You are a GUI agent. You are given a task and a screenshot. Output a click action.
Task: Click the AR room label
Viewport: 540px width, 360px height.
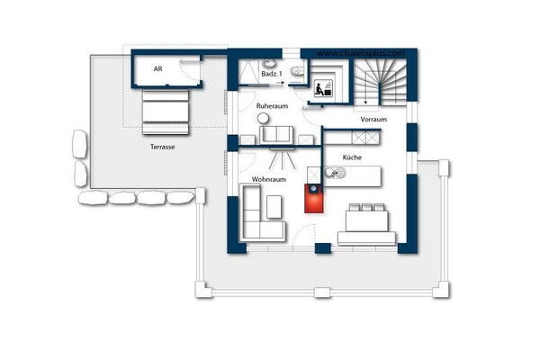157,68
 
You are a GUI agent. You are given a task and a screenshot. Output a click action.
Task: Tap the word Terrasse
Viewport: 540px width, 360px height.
163,145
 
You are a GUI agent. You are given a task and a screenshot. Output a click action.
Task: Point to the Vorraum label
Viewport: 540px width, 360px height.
373,120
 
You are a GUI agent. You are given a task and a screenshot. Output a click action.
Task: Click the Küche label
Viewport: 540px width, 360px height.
352,157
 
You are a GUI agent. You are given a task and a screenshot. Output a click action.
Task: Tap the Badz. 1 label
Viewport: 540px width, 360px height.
271,74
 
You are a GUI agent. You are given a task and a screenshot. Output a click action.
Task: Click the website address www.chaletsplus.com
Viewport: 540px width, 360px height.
360,53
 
